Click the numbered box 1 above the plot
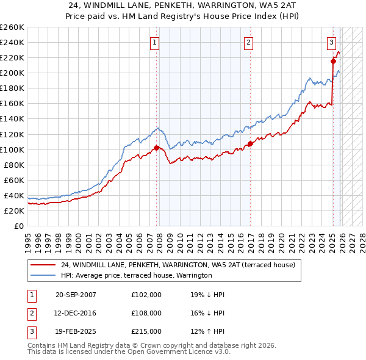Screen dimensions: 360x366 155,42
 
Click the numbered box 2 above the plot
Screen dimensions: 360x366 249,42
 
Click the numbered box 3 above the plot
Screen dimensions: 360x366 331,42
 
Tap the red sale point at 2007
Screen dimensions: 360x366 157,148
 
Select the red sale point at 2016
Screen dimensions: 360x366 250,143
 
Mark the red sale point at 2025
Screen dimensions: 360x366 334,61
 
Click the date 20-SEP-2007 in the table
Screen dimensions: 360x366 76,295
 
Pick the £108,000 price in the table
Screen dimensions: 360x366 146,313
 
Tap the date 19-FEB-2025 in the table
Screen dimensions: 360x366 76,331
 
